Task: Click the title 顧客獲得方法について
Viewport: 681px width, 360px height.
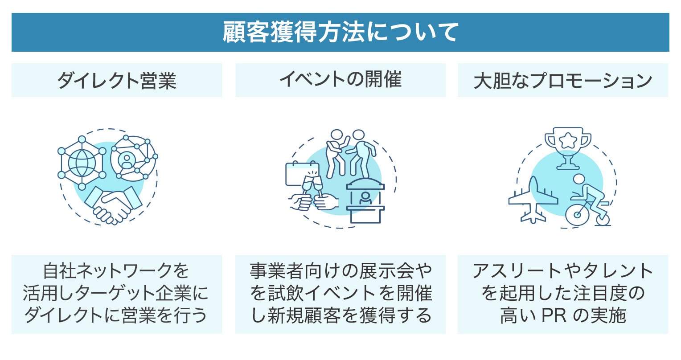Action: pyautogui.click(x=340, y=33)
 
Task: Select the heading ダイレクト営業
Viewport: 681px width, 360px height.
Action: pyautogui.click(x=117, y=81)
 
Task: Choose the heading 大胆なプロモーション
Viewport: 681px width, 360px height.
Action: pyautogui.click(x=562, y=81)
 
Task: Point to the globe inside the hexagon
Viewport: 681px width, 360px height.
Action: pyautogui.click(x=82, y=163)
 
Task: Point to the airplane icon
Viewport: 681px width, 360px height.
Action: pyautogui.click(x=533, y=200)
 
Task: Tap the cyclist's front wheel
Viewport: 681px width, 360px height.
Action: pyautogui.click(x=578, y=214)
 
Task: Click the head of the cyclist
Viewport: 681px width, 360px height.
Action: pyautogui.click(x=578, y=179)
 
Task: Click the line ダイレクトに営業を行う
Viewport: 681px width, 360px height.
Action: pyautogui.click(x=116, y=315)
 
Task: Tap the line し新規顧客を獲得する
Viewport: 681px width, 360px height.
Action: pyautogui.click(x=340, y=315)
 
